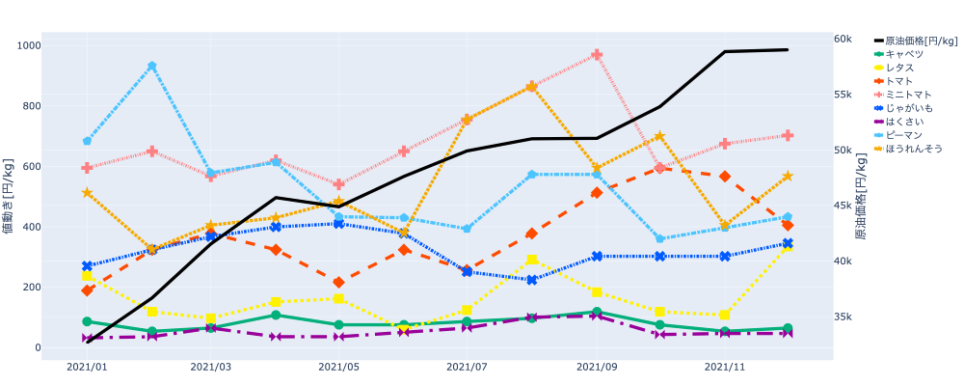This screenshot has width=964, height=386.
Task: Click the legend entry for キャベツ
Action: (905, 54)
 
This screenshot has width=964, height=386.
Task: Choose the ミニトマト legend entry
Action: (909, 95)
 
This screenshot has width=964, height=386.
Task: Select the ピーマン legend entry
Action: (905, 135)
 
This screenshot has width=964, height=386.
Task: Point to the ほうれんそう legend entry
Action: (915, 149)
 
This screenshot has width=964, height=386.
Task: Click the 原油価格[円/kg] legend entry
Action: (921, 41)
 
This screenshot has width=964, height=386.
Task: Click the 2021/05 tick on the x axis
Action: (338, 368)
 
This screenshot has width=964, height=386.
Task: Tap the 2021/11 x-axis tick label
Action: (725, 368)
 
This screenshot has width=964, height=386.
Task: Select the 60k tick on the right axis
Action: (843, 39)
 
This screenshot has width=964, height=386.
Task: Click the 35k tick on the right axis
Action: (843, 317)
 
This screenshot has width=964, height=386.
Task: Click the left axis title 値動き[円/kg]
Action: (9, 198)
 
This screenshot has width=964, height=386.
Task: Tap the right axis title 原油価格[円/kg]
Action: (860, 198)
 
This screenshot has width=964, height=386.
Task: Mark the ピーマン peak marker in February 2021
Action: (152, 67)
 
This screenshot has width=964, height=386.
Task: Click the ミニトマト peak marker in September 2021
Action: (598, 55)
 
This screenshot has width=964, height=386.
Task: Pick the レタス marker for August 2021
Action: (532, 260)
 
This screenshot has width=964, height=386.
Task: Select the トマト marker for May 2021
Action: (338, 283)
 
